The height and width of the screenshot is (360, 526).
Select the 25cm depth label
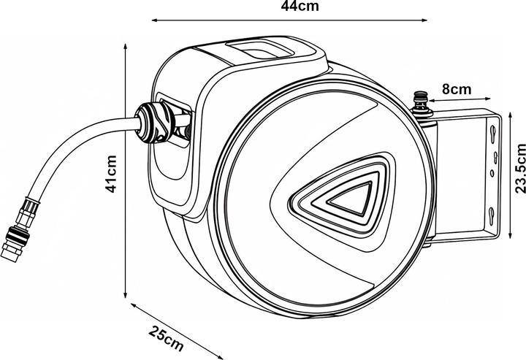click(167, 338)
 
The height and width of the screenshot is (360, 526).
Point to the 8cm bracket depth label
click(458, 88)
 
